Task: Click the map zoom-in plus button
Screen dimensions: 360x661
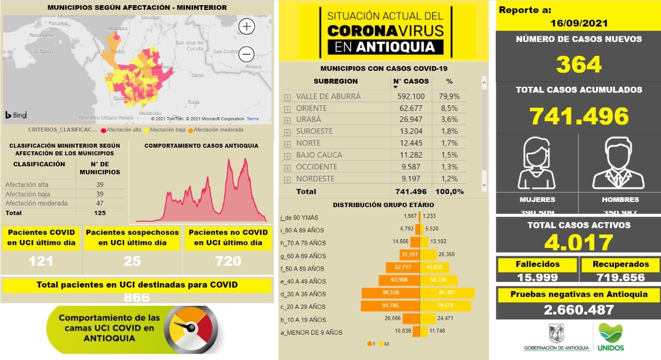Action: click(247, 26)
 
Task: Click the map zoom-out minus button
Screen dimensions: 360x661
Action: click(247, 54)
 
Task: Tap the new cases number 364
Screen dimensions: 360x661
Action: click(578, 65)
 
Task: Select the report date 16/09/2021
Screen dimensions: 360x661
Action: click(578, 23)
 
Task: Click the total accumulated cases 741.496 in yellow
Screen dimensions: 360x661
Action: click(578, 116)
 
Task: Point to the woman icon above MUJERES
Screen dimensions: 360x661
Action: click(537, 164)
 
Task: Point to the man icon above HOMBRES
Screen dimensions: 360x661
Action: click(619, 164)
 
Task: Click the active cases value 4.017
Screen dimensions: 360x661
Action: click(578, 242)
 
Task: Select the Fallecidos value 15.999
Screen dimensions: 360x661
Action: click(537, 277)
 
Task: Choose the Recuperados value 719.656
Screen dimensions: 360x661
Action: click(620, 277)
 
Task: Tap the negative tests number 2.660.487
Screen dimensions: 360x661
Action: click(578, 309)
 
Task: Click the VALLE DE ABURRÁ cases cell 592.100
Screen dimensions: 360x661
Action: click(411, 97)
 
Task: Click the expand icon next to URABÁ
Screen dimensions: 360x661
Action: click(287, 120)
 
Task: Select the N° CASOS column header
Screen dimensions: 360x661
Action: click(411, 81)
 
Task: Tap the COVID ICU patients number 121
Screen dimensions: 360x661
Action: click(41, 261)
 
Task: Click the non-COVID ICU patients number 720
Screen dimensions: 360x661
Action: click(228, 261)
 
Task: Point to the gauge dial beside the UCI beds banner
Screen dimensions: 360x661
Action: click(191, 329)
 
